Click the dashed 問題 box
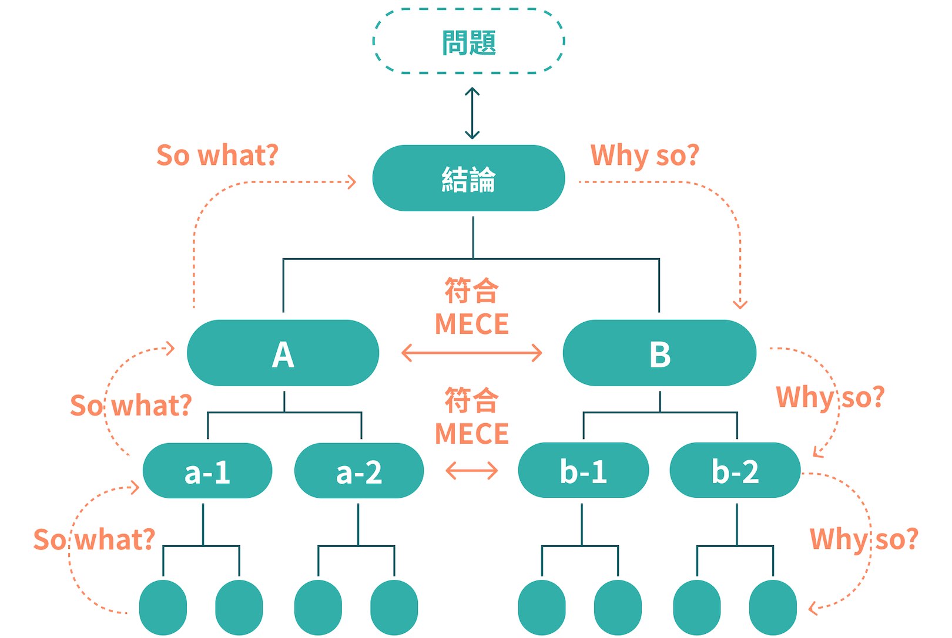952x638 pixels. click(468, 42)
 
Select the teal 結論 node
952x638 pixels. click(468, 178)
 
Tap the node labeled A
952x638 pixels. click(283, 353)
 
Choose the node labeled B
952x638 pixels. click(659, 353)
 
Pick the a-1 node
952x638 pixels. click(207, 471)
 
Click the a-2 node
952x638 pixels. click(358, 471)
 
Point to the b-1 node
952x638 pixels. click(583, 471)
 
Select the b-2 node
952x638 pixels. click(735, 471)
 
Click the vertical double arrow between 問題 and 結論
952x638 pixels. click(472, 113)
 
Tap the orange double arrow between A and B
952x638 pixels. click(471, 353)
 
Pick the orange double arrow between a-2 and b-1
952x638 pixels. click(471, 470)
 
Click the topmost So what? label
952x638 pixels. click(217, 156)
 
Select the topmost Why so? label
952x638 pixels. click(645, 156)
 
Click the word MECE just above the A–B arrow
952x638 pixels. click(471, 324)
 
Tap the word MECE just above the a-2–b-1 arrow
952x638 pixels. click(471, 434)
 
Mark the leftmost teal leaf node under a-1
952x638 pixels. click(163, 607)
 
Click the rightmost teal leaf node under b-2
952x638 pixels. click(773, 607)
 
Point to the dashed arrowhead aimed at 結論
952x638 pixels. click(352, 182)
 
